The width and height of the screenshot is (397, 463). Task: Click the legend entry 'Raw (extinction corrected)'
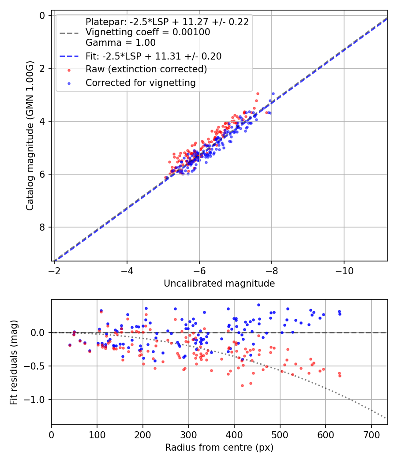pos(146,69)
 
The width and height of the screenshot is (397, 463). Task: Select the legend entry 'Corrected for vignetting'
pos(141,82)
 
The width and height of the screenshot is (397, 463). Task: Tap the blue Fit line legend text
pos(154,56)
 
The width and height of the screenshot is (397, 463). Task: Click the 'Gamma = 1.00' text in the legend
pos(120,43)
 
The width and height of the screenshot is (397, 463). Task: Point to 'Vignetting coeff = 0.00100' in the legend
pos(148,32)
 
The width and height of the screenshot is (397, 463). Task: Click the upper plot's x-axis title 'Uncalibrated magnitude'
pos(219,284)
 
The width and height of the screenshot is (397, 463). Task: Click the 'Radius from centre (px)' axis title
pos(219,448)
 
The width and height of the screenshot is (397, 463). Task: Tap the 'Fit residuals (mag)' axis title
pos(13,362)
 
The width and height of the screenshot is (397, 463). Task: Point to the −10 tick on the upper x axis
pos(344,271)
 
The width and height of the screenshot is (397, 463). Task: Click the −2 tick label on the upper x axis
pos(55,271)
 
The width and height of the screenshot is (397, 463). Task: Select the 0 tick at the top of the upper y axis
pos(43,15)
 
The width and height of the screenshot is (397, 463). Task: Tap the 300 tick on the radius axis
pos(188,435)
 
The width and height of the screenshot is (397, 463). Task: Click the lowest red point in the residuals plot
pos(242,385)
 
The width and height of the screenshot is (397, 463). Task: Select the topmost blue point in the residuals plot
pos(258,305)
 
